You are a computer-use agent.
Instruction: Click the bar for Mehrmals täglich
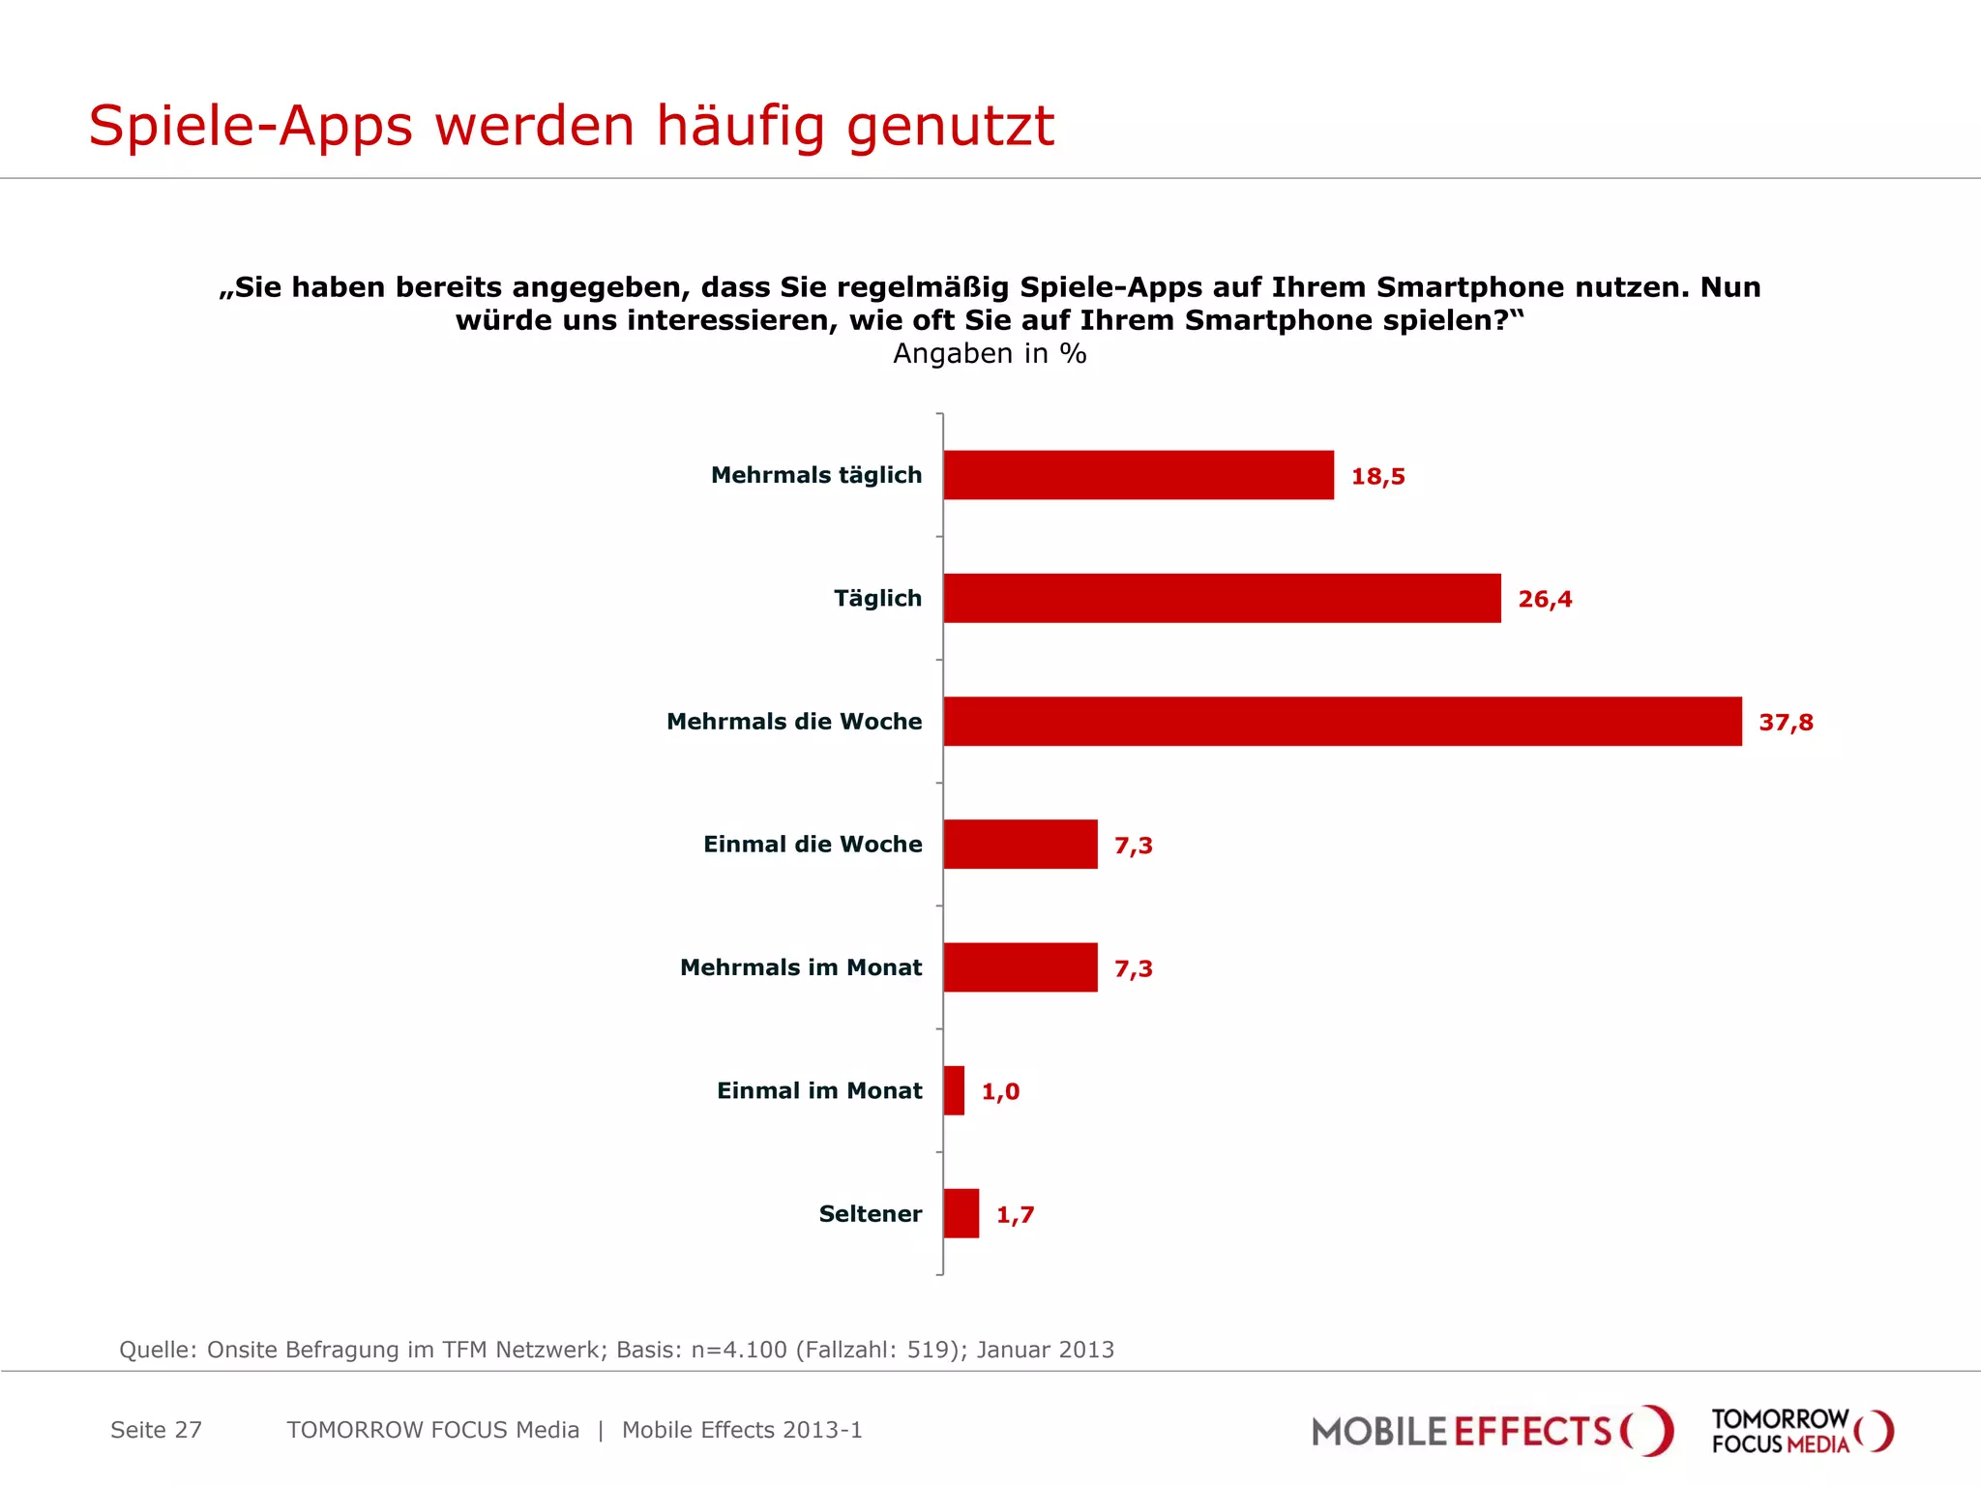(x=1138, y=475)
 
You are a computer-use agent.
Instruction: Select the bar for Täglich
(x=1222, y=598)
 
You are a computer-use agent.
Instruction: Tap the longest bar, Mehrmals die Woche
(x=1343, y=722)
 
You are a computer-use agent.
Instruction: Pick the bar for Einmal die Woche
(x=1020, y=845)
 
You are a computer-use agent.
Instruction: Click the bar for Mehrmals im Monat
(x=1020, y=967)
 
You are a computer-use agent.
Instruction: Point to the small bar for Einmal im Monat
(x=954, y=1090)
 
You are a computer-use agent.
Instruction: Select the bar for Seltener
(x=961, y=1213)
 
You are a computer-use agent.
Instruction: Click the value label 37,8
(x=1786, y=723)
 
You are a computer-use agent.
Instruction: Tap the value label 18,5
(x=1377, y=476)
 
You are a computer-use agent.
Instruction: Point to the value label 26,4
(x=1545, y=599)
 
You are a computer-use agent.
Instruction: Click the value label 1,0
(x=1000, y=1091)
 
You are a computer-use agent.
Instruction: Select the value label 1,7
(x=1015, y=1214)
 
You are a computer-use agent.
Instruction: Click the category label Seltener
(x=870, y=1213)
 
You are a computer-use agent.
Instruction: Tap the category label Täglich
(x=877, y=598)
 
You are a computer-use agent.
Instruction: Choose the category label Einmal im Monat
(x=819, y=1090)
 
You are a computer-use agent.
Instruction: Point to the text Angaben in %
(x=990, y=354)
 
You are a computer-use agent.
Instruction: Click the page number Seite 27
(x=156, y=1430)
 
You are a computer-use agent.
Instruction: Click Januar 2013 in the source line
(x=1045, y=1350)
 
